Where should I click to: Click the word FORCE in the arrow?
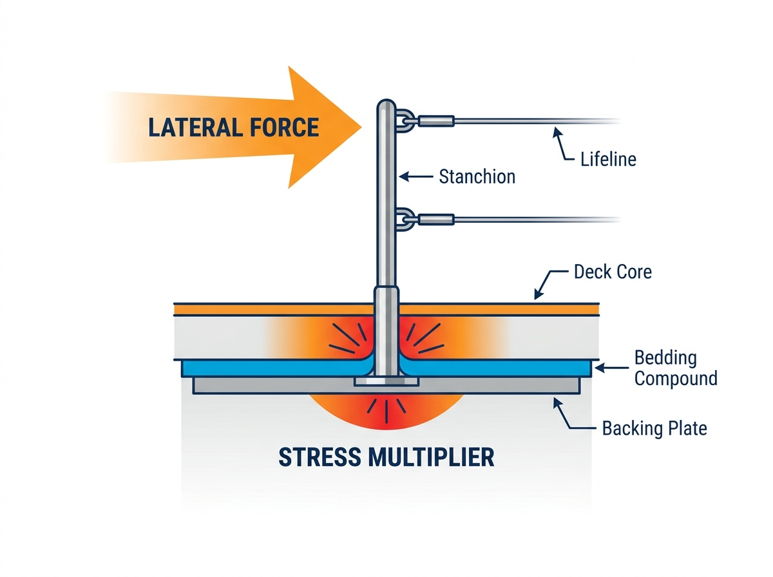(x=284, y=128)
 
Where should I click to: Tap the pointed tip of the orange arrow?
(x=361, y=127)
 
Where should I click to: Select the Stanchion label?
(x=477, y=176)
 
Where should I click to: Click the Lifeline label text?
(x=608, y=160)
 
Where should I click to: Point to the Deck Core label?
(x=613, y=272)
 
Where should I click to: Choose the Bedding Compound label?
(x=676, y=368)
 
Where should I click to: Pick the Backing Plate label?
(x=654, y=428)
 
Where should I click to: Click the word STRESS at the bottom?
(x=320, y=457)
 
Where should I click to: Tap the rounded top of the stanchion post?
(x=386, y=104)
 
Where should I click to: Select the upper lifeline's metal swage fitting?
(x=436, y=121)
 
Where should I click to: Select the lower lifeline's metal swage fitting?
(x=436, y=220)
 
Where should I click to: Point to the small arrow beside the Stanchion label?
(x=416, y=176)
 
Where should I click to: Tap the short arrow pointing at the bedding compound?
(x=612, y=368)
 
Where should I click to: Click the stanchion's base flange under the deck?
(x=386, y=382)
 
